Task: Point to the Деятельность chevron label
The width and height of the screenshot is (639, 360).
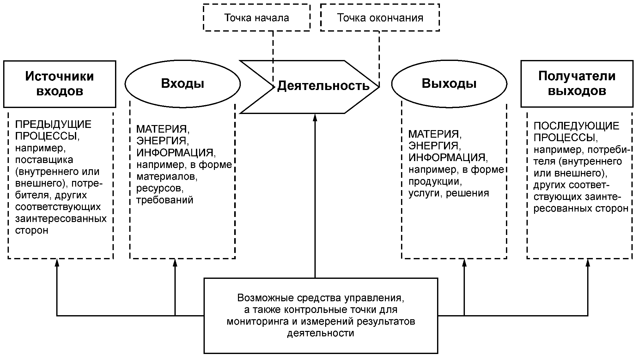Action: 323,86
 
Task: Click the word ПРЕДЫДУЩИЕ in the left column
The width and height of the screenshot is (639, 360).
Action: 53,124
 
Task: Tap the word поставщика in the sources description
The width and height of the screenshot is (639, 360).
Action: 44,160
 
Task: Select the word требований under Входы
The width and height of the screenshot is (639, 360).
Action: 165,200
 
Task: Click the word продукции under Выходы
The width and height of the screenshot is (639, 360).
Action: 435,182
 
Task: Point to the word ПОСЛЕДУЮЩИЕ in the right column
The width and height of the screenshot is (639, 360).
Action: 576,126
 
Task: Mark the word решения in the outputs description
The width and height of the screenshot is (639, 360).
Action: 467,193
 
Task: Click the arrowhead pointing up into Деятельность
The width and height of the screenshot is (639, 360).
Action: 315,117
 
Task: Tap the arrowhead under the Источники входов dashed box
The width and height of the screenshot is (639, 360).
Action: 57,263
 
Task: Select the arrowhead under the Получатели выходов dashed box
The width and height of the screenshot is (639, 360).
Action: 588,263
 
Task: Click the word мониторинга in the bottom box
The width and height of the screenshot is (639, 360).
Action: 262,322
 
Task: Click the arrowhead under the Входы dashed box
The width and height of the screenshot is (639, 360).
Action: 175,263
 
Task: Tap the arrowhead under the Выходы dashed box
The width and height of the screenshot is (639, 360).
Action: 464,263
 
